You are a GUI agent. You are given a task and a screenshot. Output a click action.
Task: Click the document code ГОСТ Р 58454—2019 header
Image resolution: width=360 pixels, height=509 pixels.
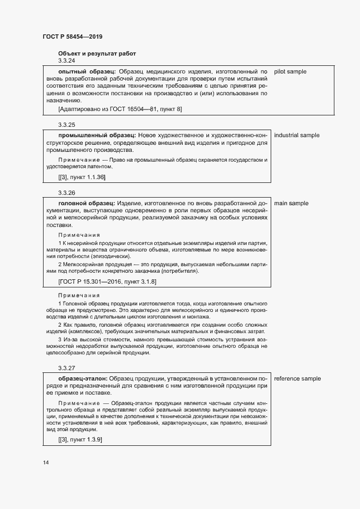[x=72, y=37]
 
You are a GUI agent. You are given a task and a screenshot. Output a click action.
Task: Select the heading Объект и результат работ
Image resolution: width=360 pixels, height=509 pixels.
[x=97, y=53]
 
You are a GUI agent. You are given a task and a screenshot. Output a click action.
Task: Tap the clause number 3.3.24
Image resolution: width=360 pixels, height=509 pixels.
[x=66, y=62]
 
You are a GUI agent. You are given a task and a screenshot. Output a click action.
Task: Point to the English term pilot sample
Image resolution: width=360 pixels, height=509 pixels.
[x=290, y=71]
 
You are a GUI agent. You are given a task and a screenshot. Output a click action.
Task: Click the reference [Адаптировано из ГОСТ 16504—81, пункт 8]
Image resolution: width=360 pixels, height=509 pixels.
[x=120, y=110]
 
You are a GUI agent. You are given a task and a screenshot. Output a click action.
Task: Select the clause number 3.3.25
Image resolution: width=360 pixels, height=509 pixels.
[x=66, y=125]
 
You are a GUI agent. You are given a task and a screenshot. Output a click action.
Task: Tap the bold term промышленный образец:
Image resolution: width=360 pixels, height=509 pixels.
[x=96, y=135]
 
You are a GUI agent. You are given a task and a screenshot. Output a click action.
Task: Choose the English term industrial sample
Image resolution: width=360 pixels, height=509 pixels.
[x=297, y=135]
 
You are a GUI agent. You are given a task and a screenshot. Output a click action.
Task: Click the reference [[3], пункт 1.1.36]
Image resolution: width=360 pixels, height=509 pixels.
[x=82, y=177]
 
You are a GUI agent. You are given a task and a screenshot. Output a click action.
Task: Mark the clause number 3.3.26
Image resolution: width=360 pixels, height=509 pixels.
[x=66, y=193]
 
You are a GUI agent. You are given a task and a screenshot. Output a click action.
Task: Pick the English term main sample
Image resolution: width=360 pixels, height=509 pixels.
[x=291, y=203]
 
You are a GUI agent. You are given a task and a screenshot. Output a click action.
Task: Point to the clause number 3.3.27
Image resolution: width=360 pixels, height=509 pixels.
[x=66, y=368]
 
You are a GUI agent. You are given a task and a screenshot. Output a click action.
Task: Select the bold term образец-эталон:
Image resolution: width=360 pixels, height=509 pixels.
[x=83, y=378]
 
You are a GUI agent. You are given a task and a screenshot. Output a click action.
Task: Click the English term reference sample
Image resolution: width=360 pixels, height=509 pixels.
[x=297, y=378]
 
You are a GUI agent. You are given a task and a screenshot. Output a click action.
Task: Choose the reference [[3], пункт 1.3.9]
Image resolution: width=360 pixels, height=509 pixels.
[x=80, y=439]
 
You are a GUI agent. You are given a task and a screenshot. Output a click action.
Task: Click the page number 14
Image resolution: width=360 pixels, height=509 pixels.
[x=46, y=463]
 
